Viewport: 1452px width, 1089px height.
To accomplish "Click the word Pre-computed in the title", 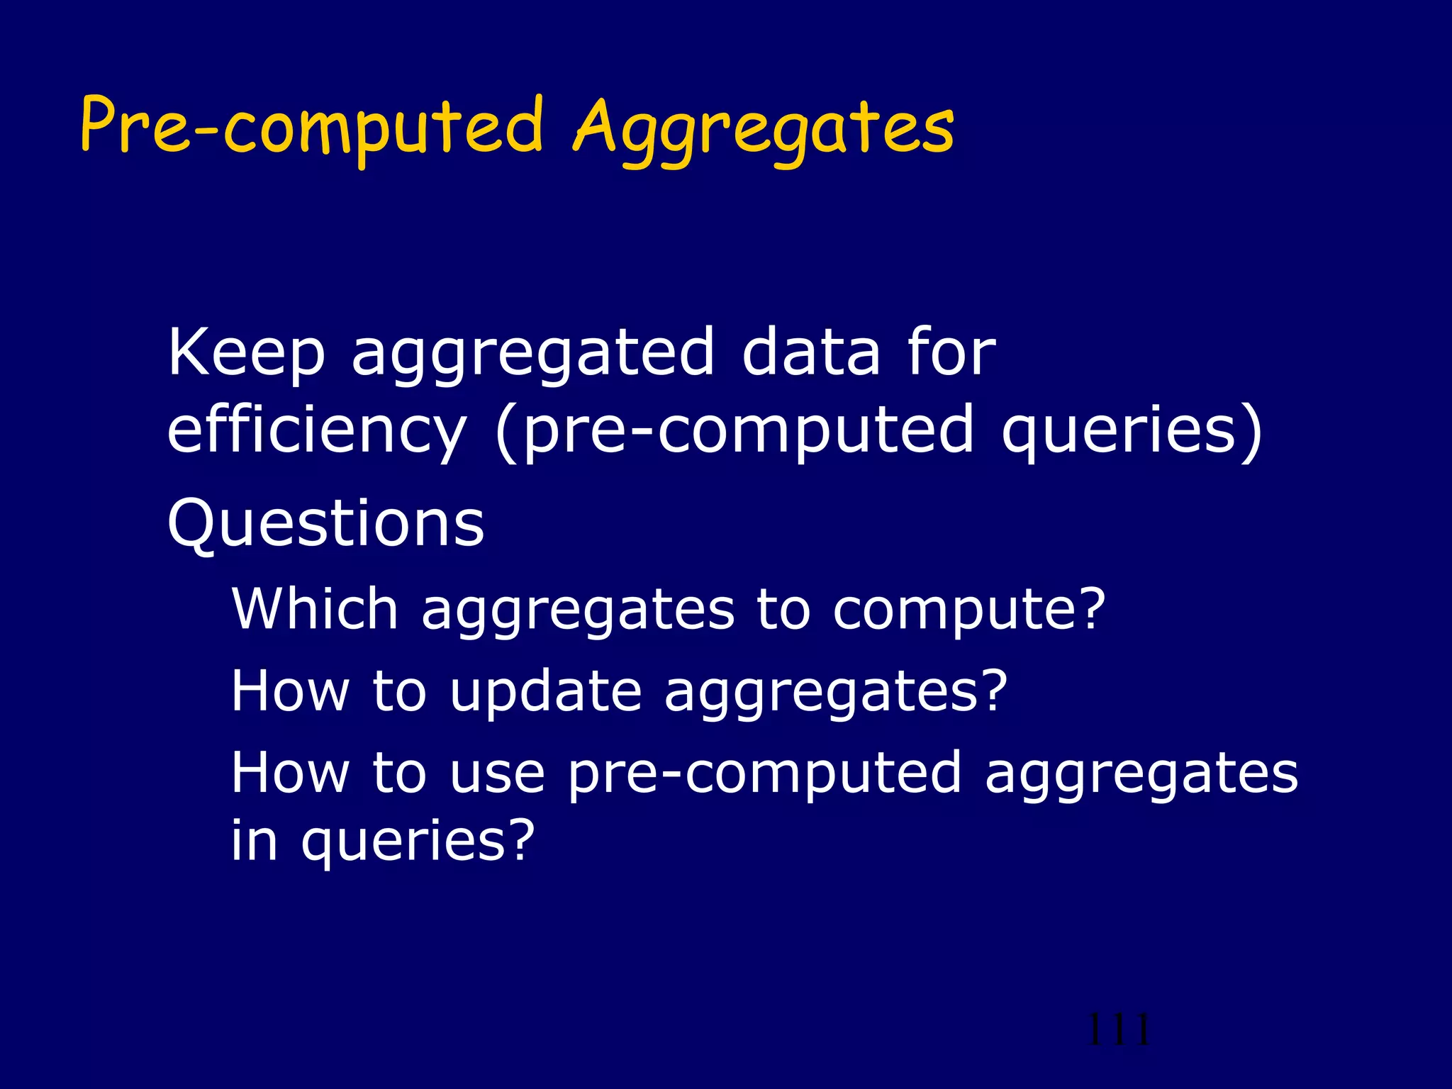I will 312,128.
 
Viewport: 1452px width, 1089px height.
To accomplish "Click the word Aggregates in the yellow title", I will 764,131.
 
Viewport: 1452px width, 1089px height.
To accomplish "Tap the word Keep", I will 246,354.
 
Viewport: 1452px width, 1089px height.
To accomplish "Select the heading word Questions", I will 325,525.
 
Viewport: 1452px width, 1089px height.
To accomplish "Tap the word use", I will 497,773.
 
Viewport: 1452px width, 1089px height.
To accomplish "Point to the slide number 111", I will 1118,1029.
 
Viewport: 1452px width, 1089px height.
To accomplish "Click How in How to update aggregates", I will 290,691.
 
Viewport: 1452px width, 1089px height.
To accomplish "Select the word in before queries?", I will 255,839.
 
